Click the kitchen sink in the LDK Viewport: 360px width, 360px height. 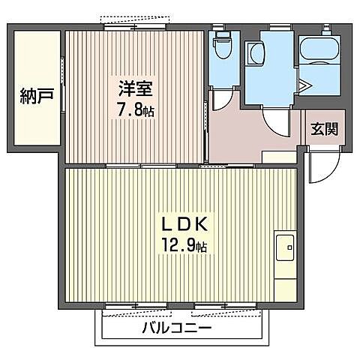click(285, 244)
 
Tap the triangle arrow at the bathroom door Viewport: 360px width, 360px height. click(305, 84)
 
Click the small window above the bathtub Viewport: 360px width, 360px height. click(328, 28)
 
